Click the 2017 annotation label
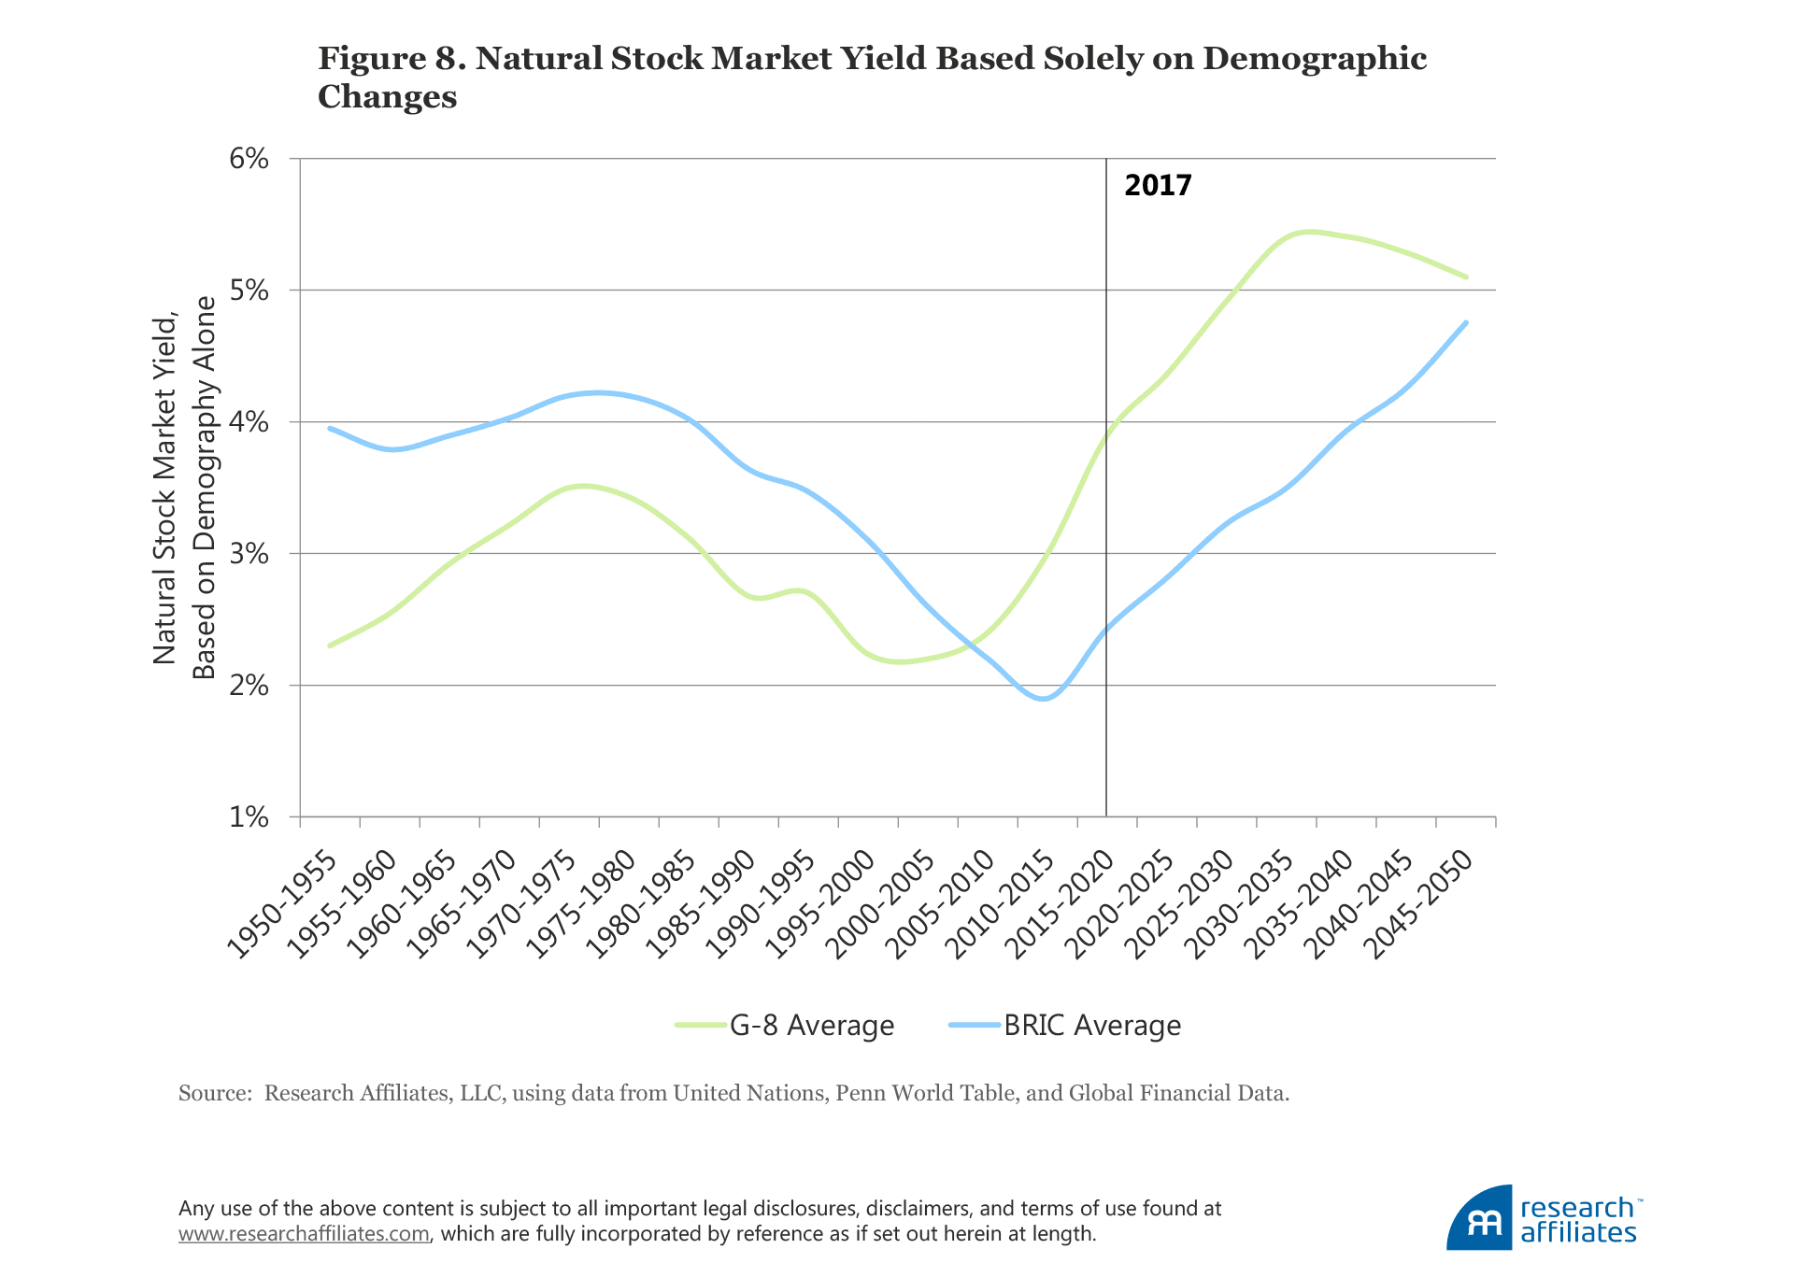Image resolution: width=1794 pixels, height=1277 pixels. tap(1158, 185)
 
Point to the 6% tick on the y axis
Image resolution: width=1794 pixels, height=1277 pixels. tap(249, 159)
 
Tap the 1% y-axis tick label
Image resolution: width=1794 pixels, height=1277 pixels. tap(249, 817)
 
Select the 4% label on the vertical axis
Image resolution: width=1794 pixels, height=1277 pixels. tap(249, 422)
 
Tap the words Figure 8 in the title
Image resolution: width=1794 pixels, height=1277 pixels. tap(392, 58)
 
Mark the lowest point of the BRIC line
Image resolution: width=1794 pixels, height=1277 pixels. tap(1044, 699)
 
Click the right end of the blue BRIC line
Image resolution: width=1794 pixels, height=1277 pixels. tap(1466, 323)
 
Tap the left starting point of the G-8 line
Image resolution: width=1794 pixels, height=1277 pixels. tap(330, 646)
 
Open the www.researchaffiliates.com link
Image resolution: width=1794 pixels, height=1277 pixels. tap(304, 1234)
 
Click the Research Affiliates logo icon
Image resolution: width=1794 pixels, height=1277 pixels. tap(1478, 1218)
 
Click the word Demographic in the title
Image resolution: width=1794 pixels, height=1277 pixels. tap(1315, 58)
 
